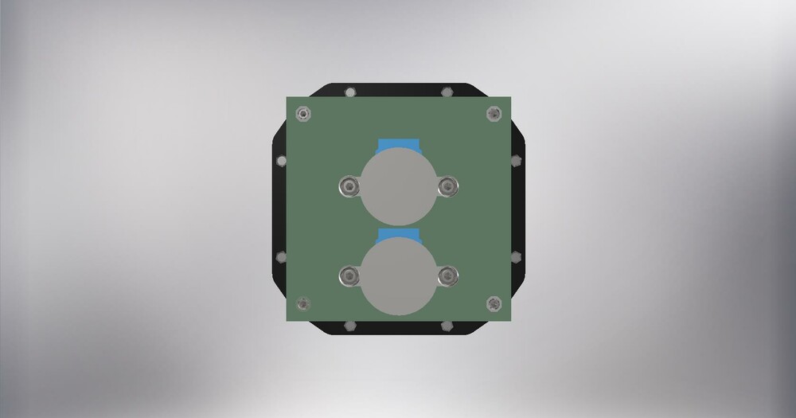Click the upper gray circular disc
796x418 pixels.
[398, 187]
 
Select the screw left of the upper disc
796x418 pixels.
[348, 187]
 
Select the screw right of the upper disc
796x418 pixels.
[448, 187]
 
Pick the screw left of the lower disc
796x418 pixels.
[348, 276]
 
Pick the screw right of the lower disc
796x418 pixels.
[448, 276]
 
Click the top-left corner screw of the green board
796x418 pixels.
[302, 115]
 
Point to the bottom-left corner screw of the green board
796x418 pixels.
[302, 303]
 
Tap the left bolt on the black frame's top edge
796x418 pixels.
[349, 92]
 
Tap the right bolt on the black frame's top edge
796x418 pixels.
[446, 92]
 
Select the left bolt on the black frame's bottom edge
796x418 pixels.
[349, 326]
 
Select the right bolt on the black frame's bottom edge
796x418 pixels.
[446, 326]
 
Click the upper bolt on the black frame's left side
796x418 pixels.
[279, 161]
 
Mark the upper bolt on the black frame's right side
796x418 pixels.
[517, 161]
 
